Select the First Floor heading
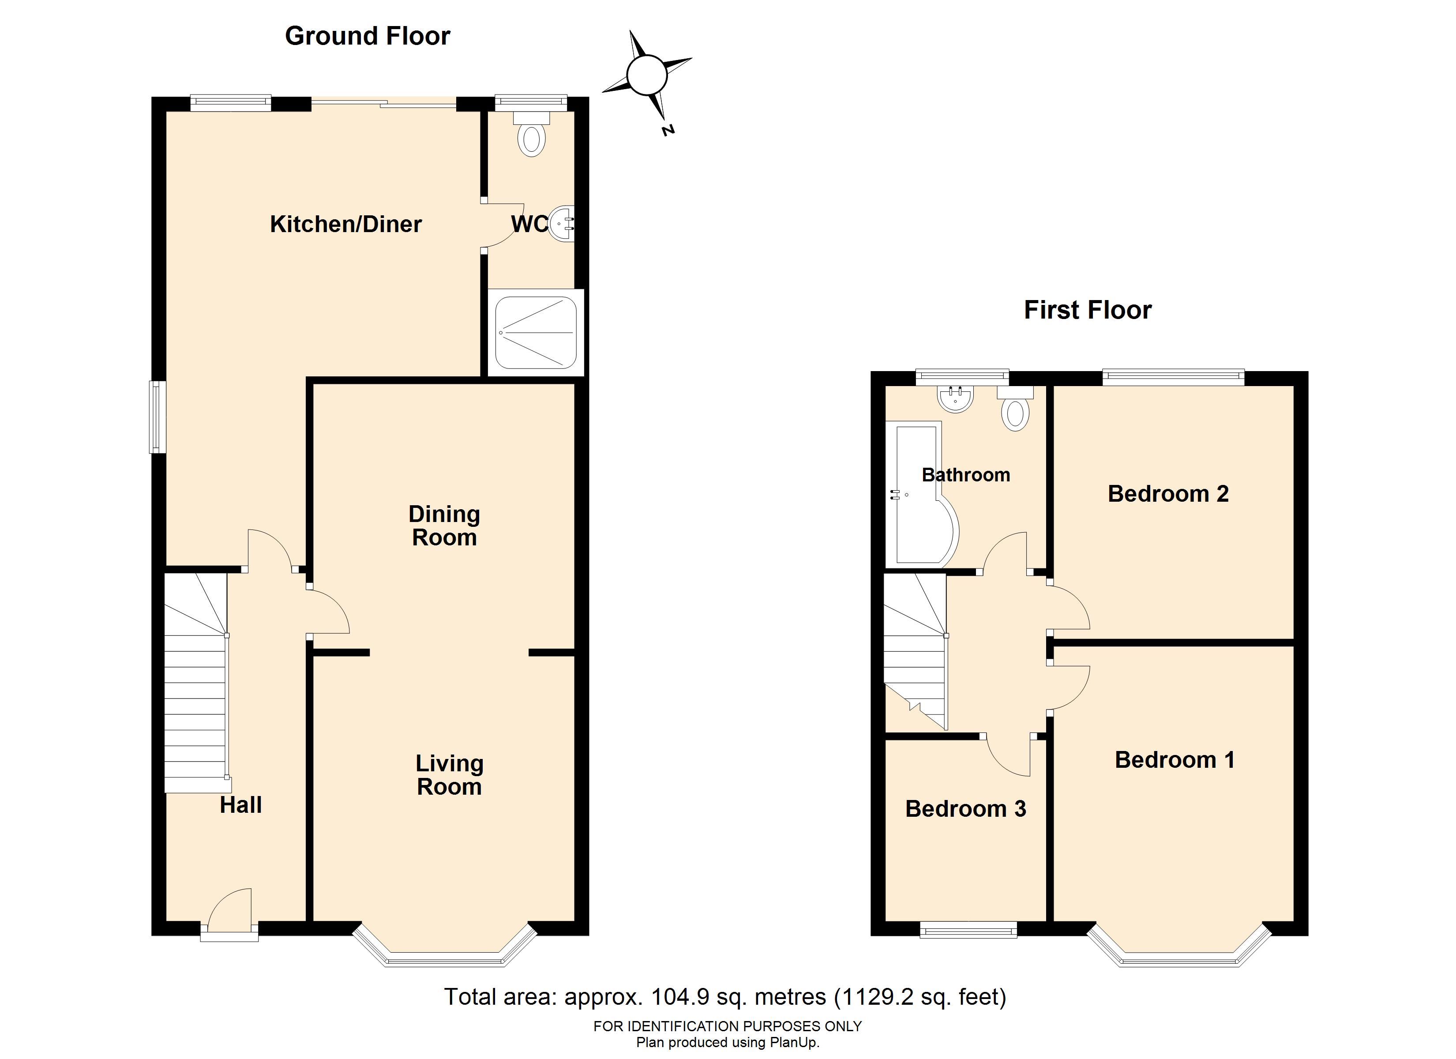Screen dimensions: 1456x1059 click(1088, 310)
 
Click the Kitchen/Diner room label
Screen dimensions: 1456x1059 click(345, 224)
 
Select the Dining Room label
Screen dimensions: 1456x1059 click(444, 526)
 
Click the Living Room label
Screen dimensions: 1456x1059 click(450, 775)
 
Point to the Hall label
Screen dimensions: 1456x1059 click(241, 805)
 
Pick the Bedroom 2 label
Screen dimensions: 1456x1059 click(1168, 494)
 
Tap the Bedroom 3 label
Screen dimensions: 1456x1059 click(965, 809)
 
